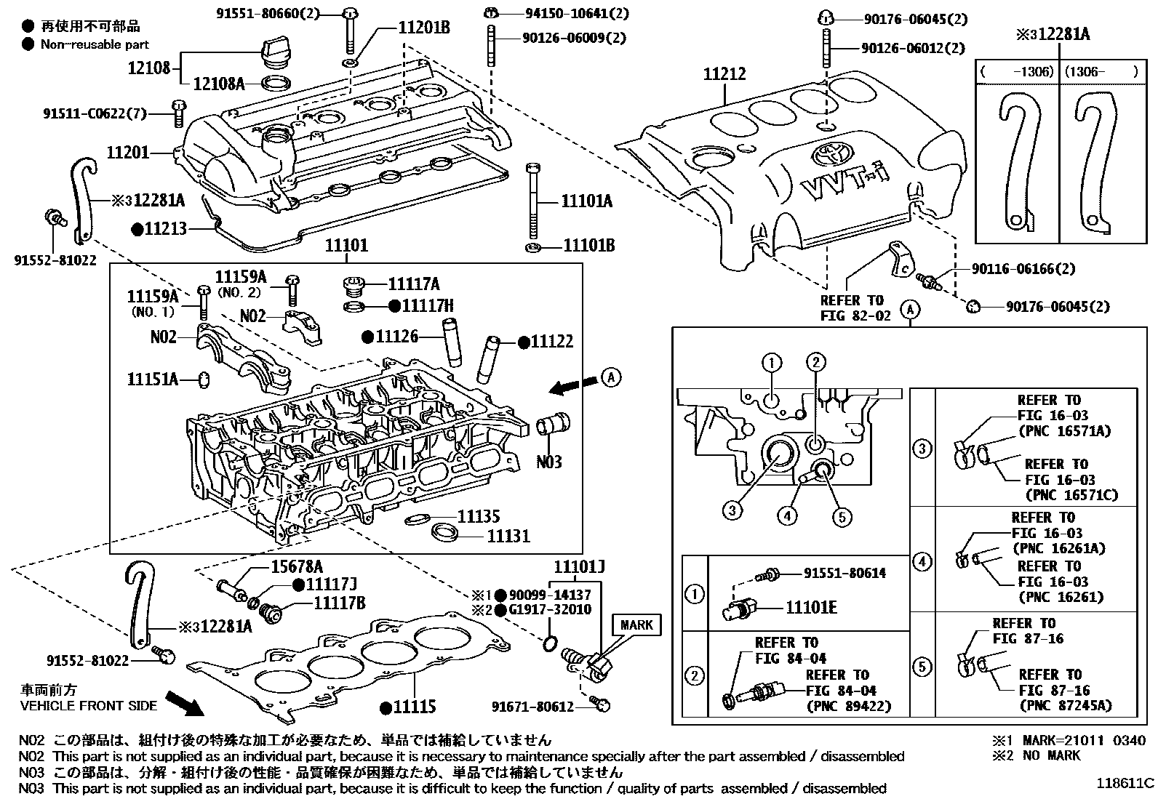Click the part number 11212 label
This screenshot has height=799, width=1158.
click(724, 74)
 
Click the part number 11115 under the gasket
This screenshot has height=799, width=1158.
click(413, 706)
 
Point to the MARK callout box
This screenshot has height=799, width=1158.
click(636, 625)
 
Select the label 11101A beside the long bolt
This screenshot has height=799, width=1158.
click(586, 202)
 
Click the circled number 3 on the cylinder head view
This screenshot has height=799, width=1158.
click(732, 510)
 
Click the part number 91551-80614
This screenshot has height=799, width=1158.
click(844, 573)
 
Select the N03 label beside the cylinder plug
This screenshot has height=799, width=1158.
click(549, 462)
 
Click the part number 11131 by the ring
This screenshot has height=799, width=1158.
click(508, 536)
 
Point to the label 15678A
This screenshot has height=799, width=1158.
click(298, 567)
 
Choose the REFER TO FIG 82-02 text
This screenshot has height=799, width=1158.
click(855, 308)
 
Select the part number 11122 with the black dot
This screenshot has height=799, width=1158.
click(551, 341)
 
